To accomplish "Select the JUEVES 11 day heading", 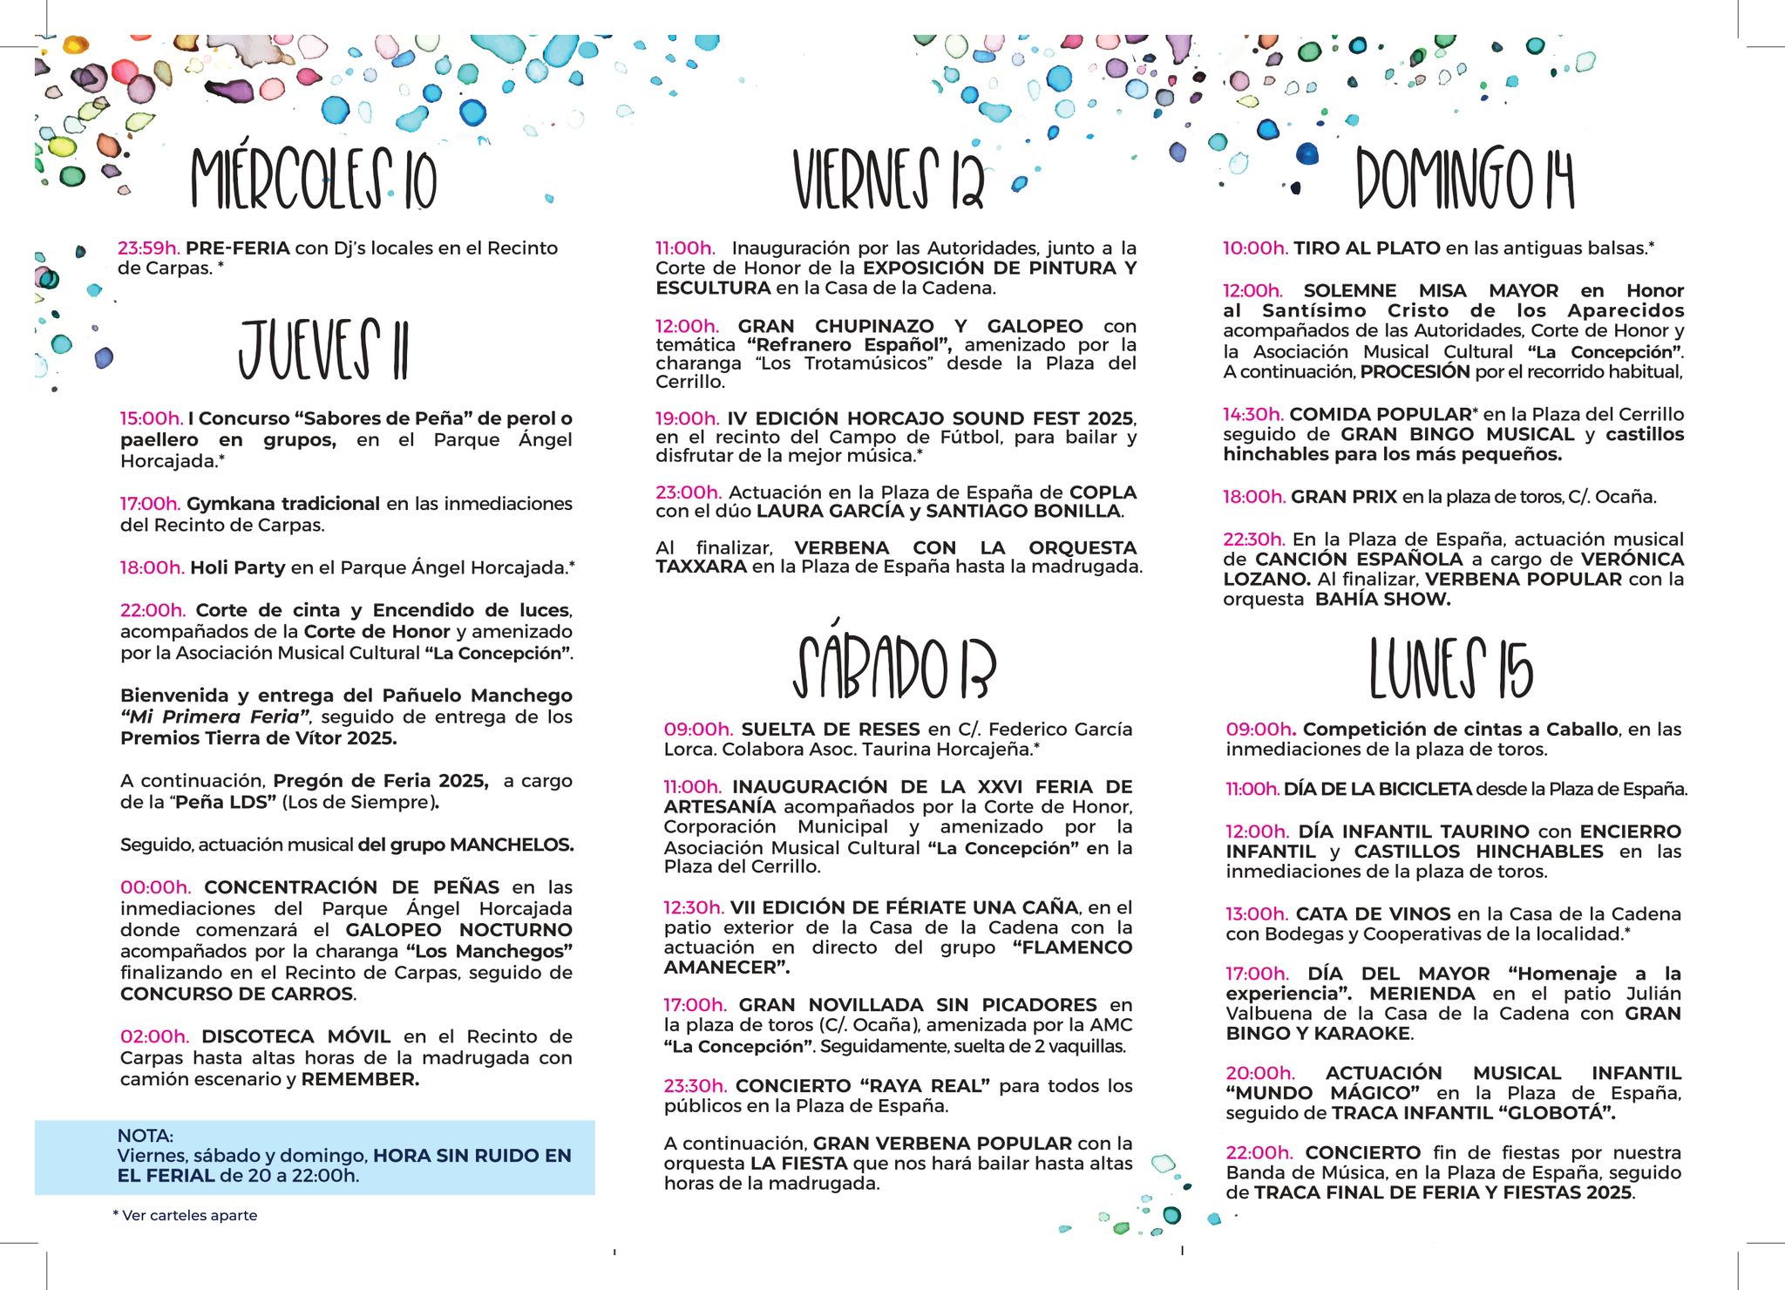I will point(323,350).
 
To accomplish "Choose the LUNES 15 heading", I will point(1450,669).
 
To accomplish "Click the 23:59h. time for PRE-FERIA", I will point(149,248).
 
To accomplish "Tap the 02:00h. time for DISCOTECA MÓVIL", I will point(154,1036).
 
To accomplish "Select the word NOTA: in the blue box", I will point(146,1136).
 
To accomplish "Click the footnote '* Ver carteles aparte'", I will point(185,1215).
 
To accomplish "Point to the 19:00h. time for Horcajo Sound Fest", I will point(688,418).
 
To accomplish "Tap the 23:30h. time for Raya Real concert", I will point(695,1086).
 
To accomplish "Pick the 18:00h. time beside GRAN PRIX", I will point(1253,497).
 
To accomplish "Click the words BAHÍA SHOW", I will point(1382,600).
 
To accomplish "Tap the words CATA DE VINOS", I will point(1373,914).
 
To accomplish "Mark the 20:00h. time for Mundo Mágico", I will point(1260,1073).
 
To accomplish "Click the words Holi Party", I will point(237,567).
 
